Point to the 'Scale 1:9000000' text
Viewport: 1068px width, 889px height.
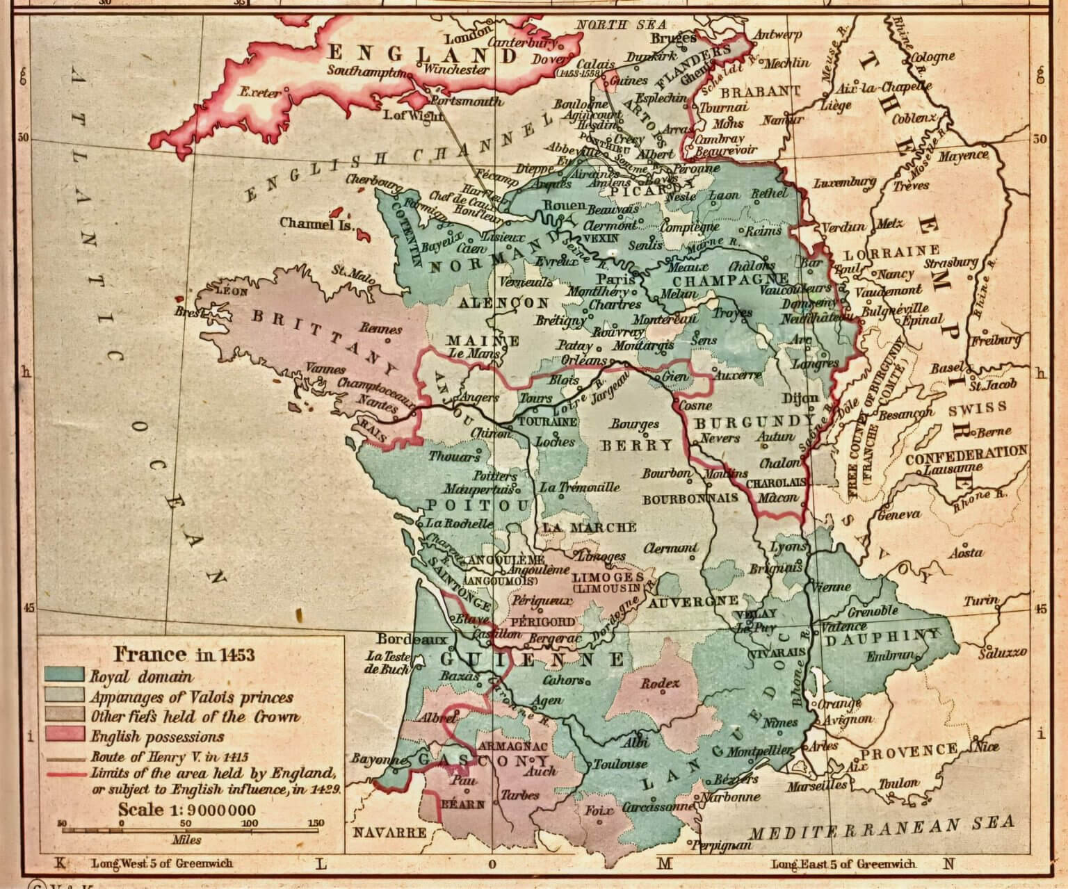187,809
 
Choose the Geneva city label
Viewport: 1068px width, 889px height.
899,515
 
